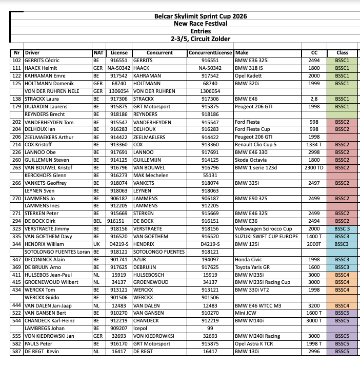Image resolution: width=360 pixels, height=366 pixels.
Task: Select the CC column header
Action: tap(314, 53)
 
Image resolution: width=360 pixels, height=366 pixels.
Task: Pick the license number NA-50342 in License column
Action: tap(119, 68)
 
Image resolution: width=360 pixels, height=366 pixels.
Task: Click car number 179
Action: tap(17, 107)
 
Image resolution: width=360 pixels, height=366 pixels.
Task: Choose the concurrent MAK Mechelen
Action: tap(151, 176)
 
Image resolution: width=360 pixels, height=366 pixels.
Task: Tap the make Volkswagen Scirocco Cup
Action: tap(263, 229)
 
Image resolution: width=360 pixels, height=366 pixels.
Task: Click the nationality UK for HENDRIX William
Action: tap(96, 244)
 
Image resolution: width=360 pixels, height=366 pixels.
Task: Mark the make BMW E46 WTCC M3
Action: tap(258, 305)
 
